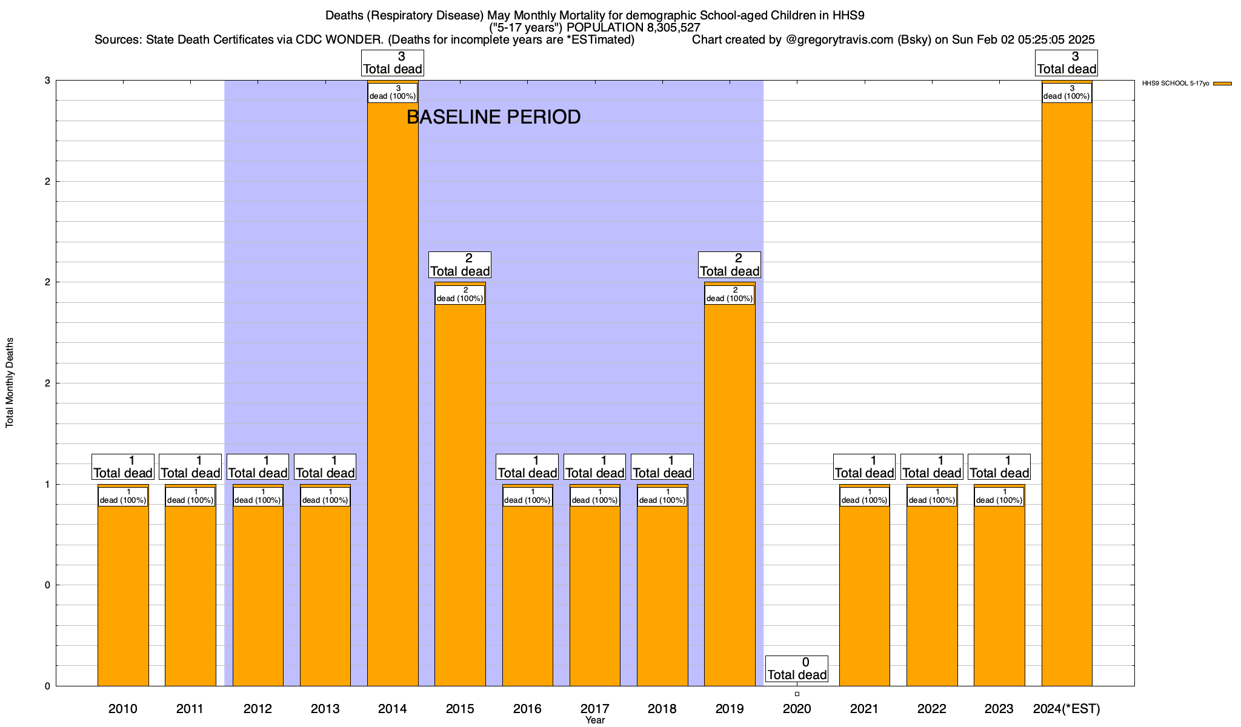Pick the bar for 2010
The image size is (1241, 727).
[x=123, y=594]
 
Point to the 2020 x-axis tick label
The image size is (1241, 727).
[x=797, y=708]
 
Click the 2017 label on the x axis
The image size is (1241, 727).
[x=594, y=708]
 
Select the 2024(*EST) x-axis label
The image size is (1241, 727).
[x=1066, y=708]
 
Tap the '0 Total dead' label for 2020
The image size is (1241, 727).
[x=797, y=669]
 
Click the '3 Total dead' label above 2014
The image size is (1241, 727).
[x=393, y=63]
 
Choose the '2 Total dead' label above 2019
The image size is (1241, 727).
[x=730, y=265]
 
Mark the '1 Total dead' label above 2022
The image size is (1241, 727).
[x=932, y=467]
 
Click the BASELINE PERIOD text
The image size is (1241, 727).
[x=493, y=117]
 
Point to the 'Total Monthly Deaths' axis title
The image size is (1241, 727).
[x=10, y=382]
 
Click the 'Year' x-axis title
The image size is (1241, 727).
[x=595, y=720]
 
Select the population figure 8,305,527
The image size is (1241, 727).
[x=663, y=28]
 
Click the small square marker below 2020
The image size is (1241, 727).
[x=797, y=694]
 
